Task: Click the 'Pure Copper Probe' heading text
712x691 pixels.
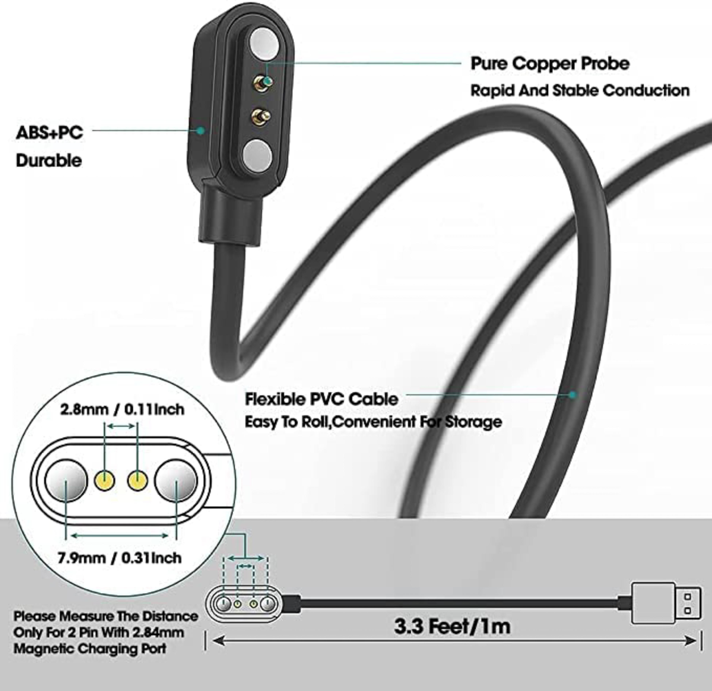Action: [x=550, y=64]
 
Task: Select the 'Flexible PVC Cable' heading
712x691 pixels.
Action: [x=321, y=399]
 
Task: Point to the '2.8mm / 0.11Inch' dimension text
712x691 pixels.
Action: [x=122, y=409]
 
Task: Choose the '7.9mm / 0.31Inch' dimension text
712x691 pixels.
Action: [x=120, y=558]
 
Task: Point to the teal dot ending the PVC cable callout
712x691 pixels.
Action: [x=573, y=395]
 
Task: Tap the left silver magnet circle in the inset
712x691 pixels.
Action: [x=66, y=480]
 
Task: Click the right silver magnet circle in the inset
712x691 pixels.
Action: [x=176, y=480]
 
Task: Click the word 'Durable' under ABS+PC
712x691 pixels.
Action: [x=49, y=161]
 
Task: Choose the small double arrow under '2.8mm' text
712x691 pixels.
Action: [x=121, y=426]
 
